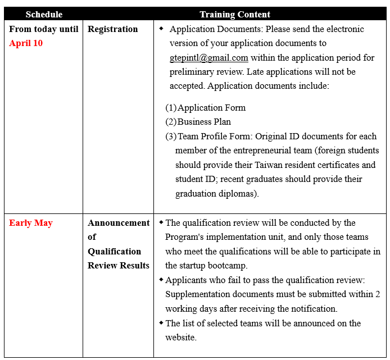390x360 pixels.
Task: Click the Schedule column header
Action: pyautogui.click(x=44, y=14)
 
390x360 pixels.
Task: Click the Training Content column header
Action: pyautogui.click(x=235, y=14)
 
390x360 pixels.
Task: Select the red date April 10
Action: pyautogui.click(x=26, y=43)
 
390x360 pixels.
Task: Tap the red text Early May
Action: pyautogui.click(x=30, y=223)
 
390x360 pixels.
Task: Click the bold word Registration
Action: pyautogui.click(x=112, y=29)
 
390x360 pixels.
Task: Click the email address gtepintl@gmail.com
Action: pyautogui.click(x=209, y=57)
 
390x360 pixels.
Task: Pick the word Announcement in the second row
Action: pyautogui.click(x=119, y=223)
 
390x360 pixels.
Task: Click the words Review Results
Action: pyautogui.click(x=119, y=265)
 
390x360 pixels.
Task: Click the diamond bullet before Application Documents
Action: pyautogui.click(x=161, y=28)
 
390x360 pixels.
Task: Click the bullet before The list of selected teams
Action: pyautogui.click(x=161, y=322)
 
